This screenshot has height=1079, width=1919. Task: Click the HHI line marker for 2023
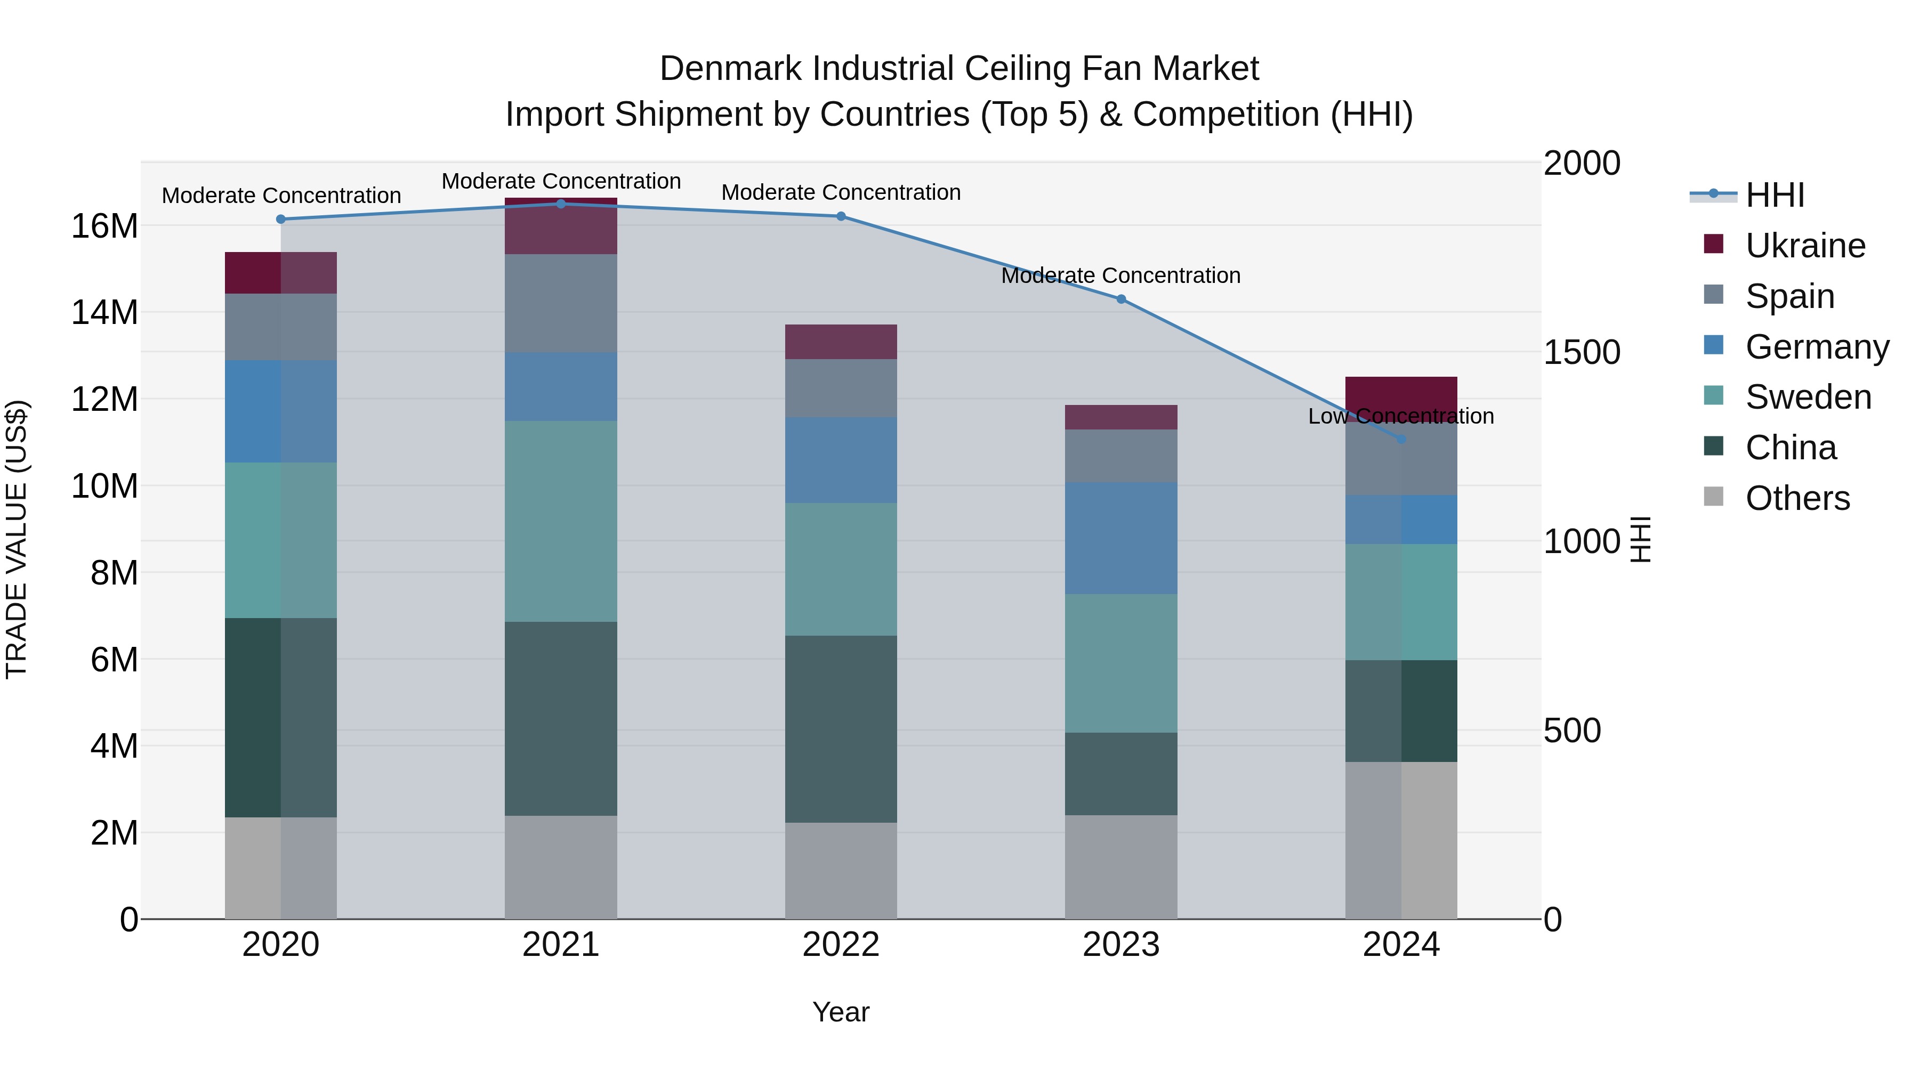(1120, 299)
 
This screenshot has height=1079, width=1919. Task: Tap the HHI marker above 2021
(561, 204)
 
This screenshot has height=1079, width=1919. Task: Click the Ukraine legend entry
(1804, 246)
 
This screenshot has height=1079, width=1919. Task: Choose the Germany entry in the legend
(1816, 347)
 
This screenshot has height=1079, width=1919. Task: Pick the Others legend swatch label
(1797, 498)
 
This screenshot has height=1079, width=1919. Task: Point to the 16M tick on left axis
(104, 225)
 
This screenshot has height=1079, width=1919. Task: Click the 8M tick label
(113, 573)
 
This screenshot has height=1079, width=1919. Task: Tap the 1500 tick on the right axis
(1581, 352)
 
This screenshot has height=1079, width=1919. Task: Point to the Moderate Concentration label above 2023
(1120, 275)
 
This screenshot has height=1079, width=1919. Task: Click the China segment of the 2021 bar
(561, 719)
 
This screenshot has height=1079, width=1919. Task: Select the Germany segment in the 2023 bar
(1120, 538)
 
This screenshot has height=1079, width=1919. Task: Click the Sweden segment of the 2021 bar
(561, 521)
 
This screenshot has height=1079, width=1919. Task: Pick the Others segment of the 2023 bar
(1120, 867)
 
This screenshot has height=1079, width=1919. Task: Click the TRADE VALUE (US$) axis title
(17, 539)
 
